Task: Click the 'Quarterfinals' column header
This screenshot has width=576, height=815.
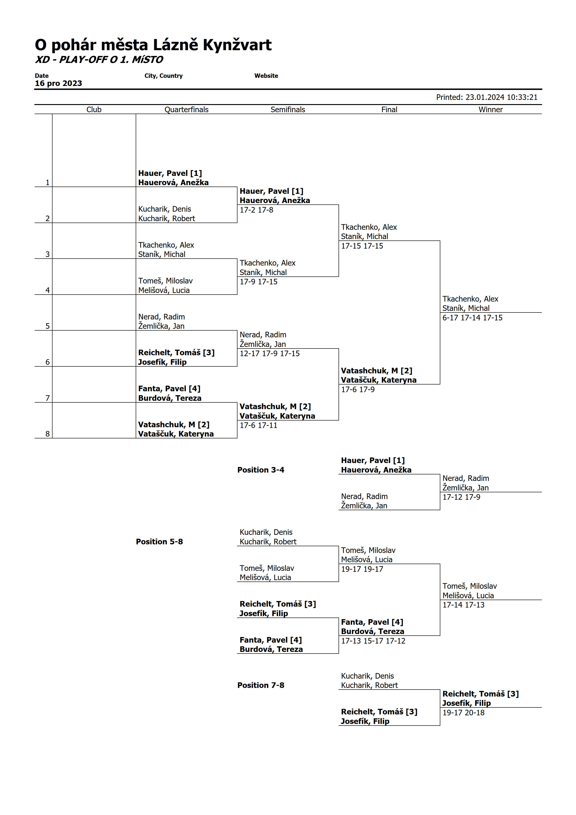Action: (186, 110)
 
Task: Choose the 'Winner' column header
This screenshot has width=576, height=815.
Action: (490, 110)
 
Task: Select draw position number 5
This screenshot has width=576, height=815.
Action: (48, 326)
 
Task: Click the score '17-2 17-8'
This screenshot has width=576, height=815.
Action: (256, 210)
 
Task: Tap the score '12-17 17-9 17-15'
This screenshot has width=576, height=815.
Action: (269, 354)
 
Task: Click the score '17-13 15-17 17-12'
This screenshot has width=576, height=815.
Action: (373, 641)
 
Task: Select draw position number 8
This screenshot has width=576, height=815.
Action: (48, 434)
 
